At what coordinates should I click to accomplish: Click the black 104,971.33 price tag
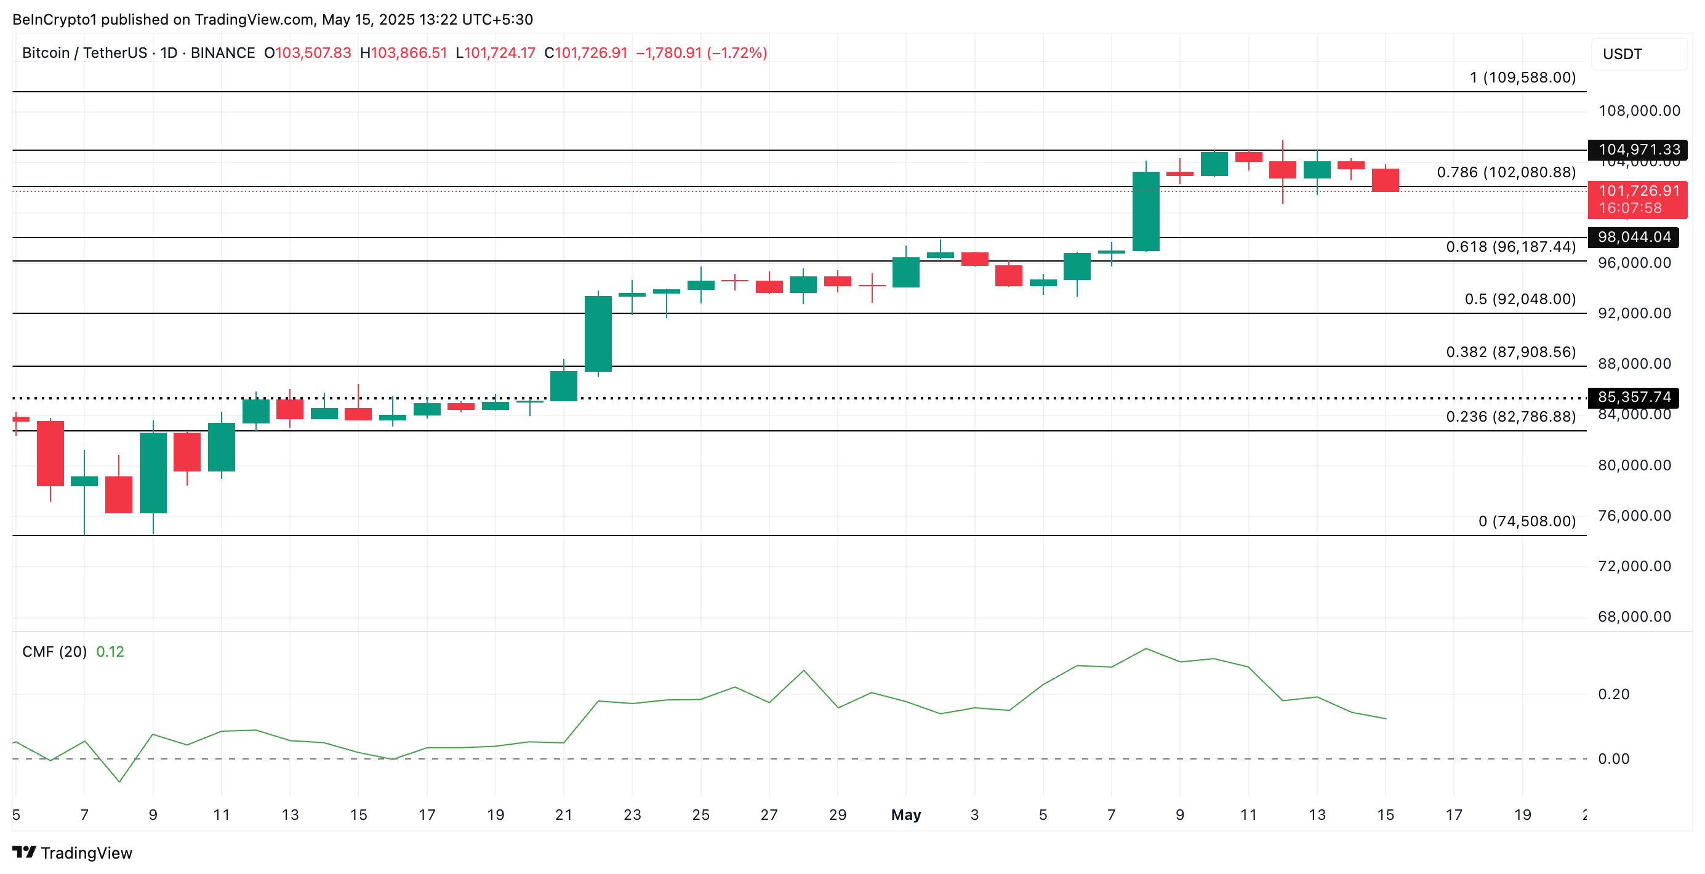pyautogui.click(x=1637, y=150)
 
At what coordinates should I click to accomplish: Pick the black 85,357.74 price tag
pyautogui.click(x=1634, y=397)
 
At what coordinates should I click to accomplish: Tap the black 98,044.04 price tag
pyautogui.click(x=1634, y=237)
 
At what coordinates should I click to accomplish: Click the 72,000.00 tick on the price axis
pyautogui.click(x=1634, y=566)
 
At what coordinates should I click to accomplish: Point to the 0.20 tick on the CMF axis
pyautogui.click(x=1613, y=694)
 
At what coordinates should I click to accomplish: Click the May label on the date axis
pyautogui.click(x=905, y=814)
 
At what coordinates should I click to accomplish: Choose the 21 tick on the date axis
pyautogui.click(x=563, y=814)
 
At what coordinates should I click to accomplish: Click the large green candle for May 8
pyautogui.click(x=1145, y=211)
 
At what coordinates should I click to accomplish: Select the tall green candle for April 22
pyautogui.click(x=598, y=334)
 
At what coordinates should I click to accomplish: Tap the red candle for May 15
pyautogui.click(x=1386, y=180)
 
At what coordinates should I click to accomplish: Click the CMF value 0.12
pyautogui.click(x=110, y=652)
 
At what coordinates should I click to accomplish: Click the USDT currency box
pyautogui.click(x=1637, y=54)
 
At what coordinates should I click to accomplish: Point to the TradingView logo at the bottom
pyautogui.click(x=73, y=853)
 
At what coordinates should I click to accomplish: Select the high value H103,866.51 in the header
pyautogui.click(x=403, y=53)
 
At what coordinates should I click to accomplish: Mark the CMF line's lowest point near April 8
pyautogui.click(x=119, y=782)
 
